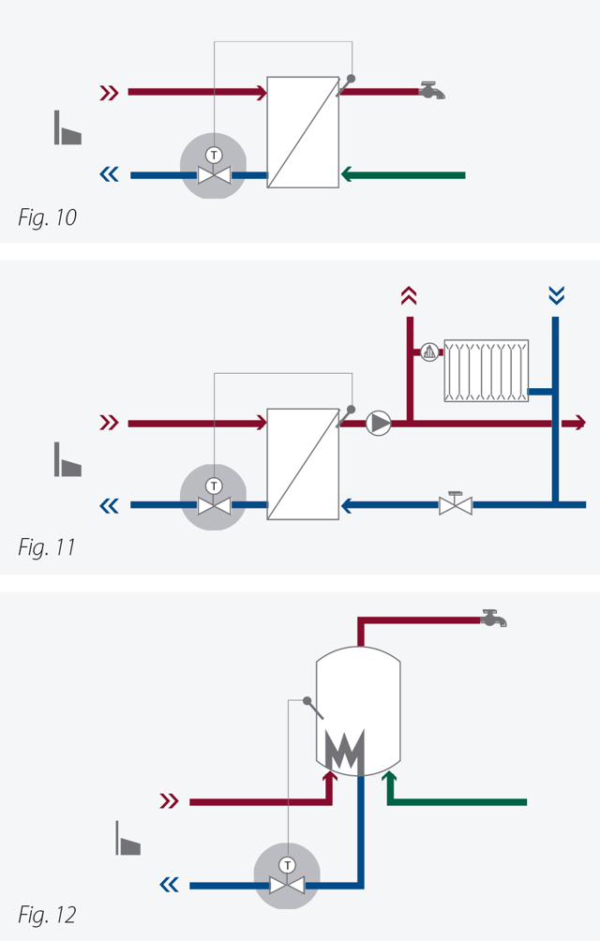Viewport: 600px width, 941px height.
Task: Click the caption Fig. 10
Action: (x=47, y=218)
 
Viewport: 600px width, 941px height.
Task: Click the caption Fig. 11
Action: (x=46, y=547)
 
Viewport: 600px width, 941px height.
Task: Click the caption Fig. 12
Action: (x=47, y=914)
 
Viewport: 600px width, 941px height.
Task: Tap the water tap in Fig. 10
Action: (x=432, y=90)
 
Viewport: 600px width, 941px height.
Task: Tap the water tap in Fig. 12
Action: (x=493, y=618)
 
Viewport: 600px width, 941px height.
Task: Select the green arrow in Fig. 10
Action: (x=403, y=174)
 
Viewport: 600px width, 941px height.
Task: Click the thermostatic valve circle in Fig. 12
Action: (x=287, y=874)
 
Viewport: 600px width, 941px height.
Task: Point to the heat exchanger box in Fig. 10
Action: (x=303, y=132)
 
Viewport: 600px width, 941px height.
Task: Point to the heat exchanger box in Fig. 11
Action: (x=303, y=463)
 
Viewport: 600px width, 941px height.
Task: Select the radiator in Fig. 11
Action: (x=487, y=371)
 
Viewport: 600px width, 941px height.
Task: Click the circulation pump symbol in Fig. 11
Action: (x=378, y=424)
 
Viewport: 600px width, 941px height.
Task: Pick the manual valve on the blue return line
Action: (x=456, y=504)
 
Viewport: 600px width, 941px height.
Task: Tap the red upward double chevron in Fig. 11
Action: (x=408, y=296)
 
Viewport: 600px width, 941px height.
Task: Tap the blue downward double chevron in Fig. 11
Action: (x=556, y=296)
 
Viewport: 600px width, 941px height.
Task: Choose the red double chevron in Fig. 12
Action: (x=169, y=801)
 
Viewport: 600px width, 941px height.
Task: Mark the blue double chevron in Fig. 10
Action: (x=110, y=174)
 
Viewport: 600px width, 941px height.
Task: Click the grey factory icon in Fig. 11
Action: (x=67, y=459)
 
